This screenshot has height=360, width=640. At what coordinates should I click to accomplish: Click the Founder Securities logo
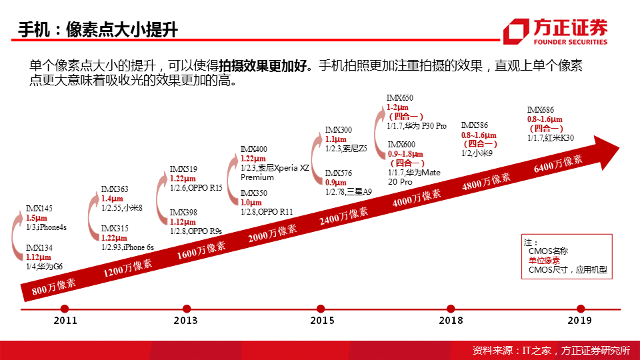pyautogui.click(x=555, y=31)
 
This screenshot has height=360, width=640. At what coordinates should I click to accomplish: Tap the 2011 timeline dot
pyautogui.click(x=65, y=309)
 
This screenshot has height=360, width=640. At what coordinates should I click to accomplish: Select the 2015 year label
pyautogui.click(x=322, y=321)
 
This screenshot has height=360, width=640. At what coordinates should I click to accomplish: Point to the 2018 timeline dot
pyautogui.click(x=451, y=309)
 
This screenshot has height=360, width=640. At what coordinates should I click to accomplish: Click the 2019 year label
pyautogui.click(x=580, y=321)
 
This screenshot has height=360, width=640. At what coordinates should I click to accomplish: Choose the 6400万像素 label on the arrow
pyautogui.click(x=558, y=164)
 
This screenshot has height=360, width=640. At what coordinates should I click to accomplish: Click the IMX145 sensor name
pyautogui.click(x=38, y=209)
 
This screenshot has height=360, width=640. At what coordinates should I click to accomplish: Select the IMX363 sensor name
pyautogui.click(x=115, y=189)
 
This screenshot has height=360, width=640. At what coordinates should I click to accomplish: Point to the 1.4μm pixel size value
pyautogui.click(x=113, y=199)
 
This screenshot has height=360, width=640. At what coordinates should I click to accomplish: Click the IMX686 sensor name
pyautogui.click(x=540, y=110)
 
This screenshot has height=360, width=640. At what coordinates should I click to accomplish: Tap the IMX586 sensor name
pyautogui.click(x=474, y=125)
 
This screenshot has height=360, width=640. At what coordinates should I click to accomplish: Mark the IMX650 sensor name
pyautogui.click(x=400, y=98)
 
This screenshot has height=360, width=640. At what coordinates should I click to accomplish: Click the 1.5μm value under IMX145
pyautogui.click(x=37, y=218)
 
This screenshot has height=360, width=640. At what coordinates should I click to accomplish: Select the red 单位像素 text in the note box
pyautogui.click(x=544, y=261)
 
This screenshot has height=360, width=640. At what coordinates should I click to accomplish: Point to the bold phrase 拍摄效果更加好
pyautogui.click(x=263, y=66)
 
